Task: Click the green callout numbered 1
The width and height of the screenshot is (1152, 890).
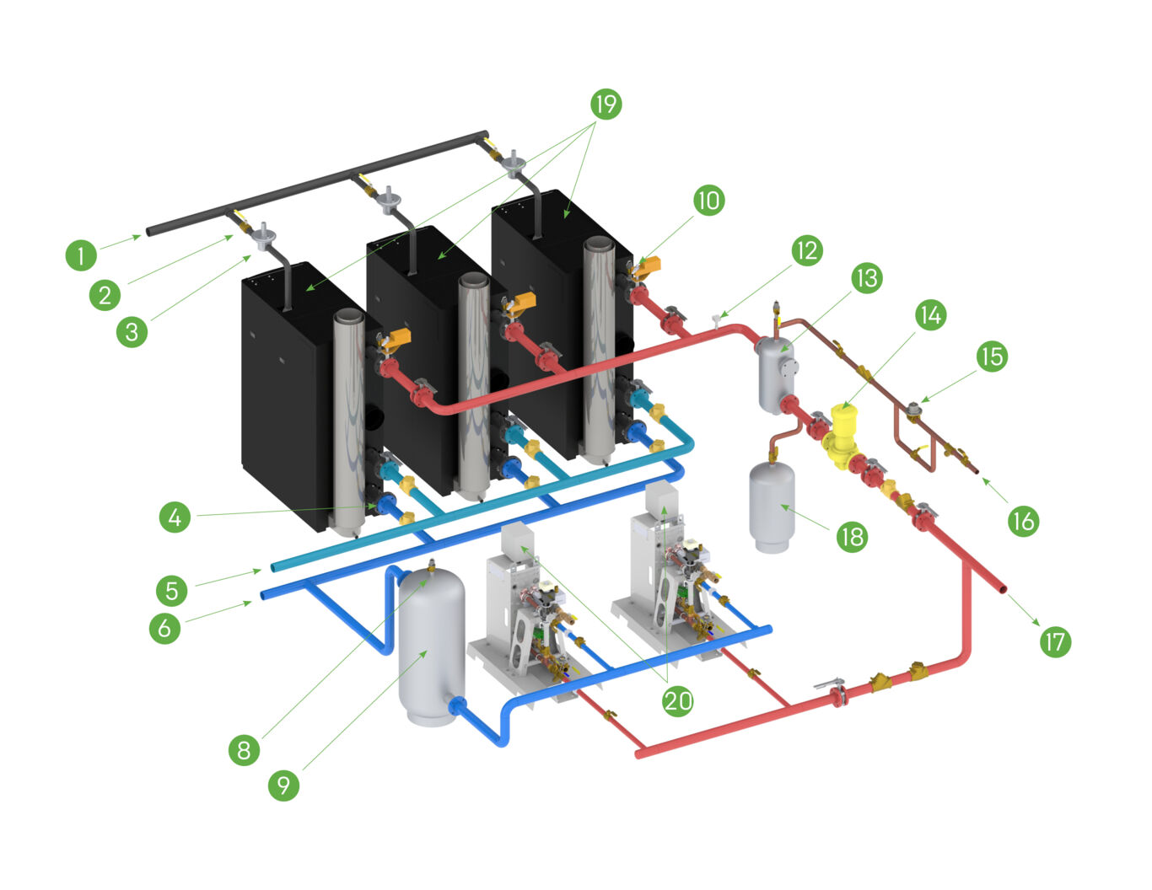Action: [81, 255]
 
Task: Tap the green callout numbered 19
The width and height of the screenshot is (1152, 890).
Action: [605, 104]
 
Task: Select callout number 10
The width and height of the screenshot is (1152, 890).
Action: [708, 201]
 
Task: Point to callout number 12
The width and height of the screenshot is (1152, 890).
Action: [806, 250]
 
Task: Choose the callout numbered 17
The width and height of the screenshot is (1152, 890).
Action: [1054, 642]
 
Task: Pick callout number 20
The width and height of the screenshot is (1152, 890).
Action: [677, 700]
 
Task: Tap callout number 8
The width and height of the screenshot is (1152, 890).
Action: [244, 749]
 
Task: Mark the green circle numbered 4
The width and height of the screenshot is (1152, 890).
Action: [175, 517]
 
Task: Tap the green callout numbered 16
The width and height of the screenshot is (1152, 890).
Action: [1023, 522]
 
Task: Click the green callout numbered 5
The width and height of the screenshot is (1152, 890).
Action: [172, 590]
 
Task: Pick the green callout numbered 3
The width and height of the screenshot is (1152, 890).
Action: [132, 331]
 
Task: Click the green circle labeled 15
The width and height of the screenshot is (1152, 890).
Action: [992, 356]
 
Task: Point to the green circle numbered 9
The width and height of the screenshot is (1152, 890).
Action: [283, 785]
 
